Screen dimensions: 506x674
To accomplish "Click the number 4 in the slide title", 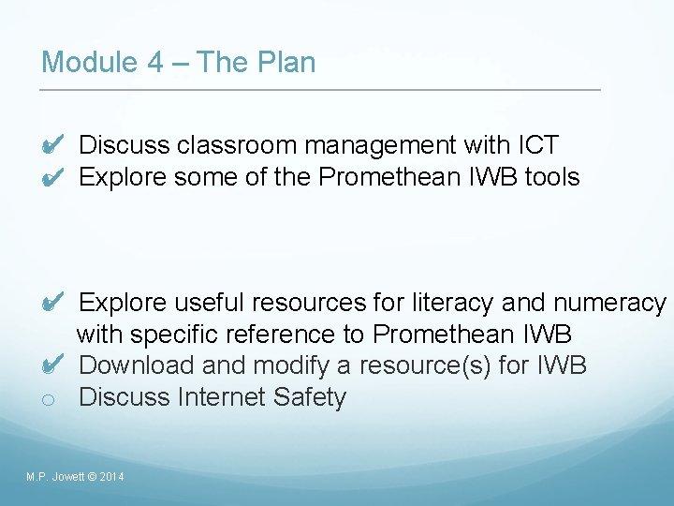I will coord(154,63).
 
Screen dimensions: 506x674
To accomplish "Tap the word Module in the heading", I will coord(90,63).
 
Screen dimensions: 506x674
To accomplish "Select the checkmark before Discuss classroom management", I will coord(53,145).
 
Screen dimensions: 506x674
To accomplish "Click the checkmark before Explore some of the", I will coord(53,176).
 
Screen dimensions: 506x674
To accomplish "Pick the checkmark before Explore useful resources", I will coord(53,303).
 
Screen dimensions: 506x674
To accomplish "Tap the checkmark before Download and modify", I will coord(53,365).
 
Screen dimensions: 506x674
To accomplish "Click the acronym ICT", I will coord(537,145).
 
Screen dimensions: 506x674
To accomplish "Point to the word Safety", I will coord(310,396).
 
